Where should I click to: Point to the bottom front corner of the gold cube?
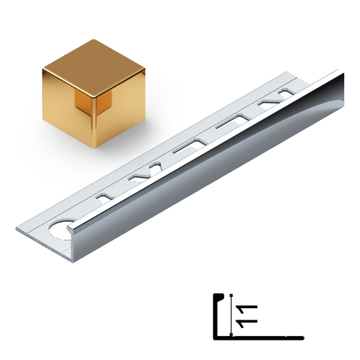(97, 148)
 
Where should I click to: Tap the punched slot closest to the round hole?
(107, 196)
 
